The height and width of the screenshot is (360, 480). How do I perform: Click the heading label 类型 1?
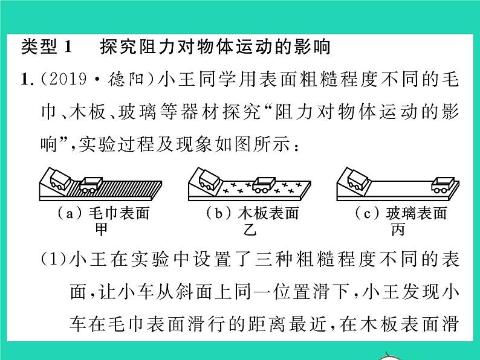(47, 47)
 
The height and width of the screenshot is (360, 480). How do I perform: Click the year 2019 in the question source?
(68, 79)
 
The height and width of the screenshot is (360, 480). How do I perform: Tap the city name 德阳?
(126, 79)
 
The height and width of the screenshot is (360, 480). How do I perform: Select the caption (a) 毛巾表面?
(103, 213)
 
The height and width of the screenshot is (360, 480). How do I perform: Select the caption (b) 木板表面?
(253, 213)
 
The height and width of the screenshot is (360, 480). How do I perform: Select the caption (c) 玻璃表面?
(401, 213)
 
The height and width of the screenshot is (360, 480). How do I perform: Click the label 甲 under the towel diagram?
(101, 229)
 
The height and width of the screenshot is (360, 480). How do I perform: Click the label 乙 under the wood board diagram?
(250, 229)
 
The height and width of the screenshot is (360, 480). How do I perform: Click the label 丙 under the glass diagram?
(398, 229)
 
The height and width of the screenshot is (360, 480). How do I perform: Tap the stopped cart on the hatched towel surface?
(91, 185)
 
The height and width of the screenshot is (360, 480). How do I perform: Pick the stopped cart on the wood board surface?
(264, 185)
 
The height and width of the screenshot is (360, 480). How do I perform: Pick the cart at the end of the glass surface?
(443, 185)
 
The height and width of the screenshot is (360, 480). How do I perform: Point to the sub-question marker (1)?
(54, 259)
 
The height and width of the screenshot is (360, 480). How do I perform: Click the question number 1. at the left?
(28, 80)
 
